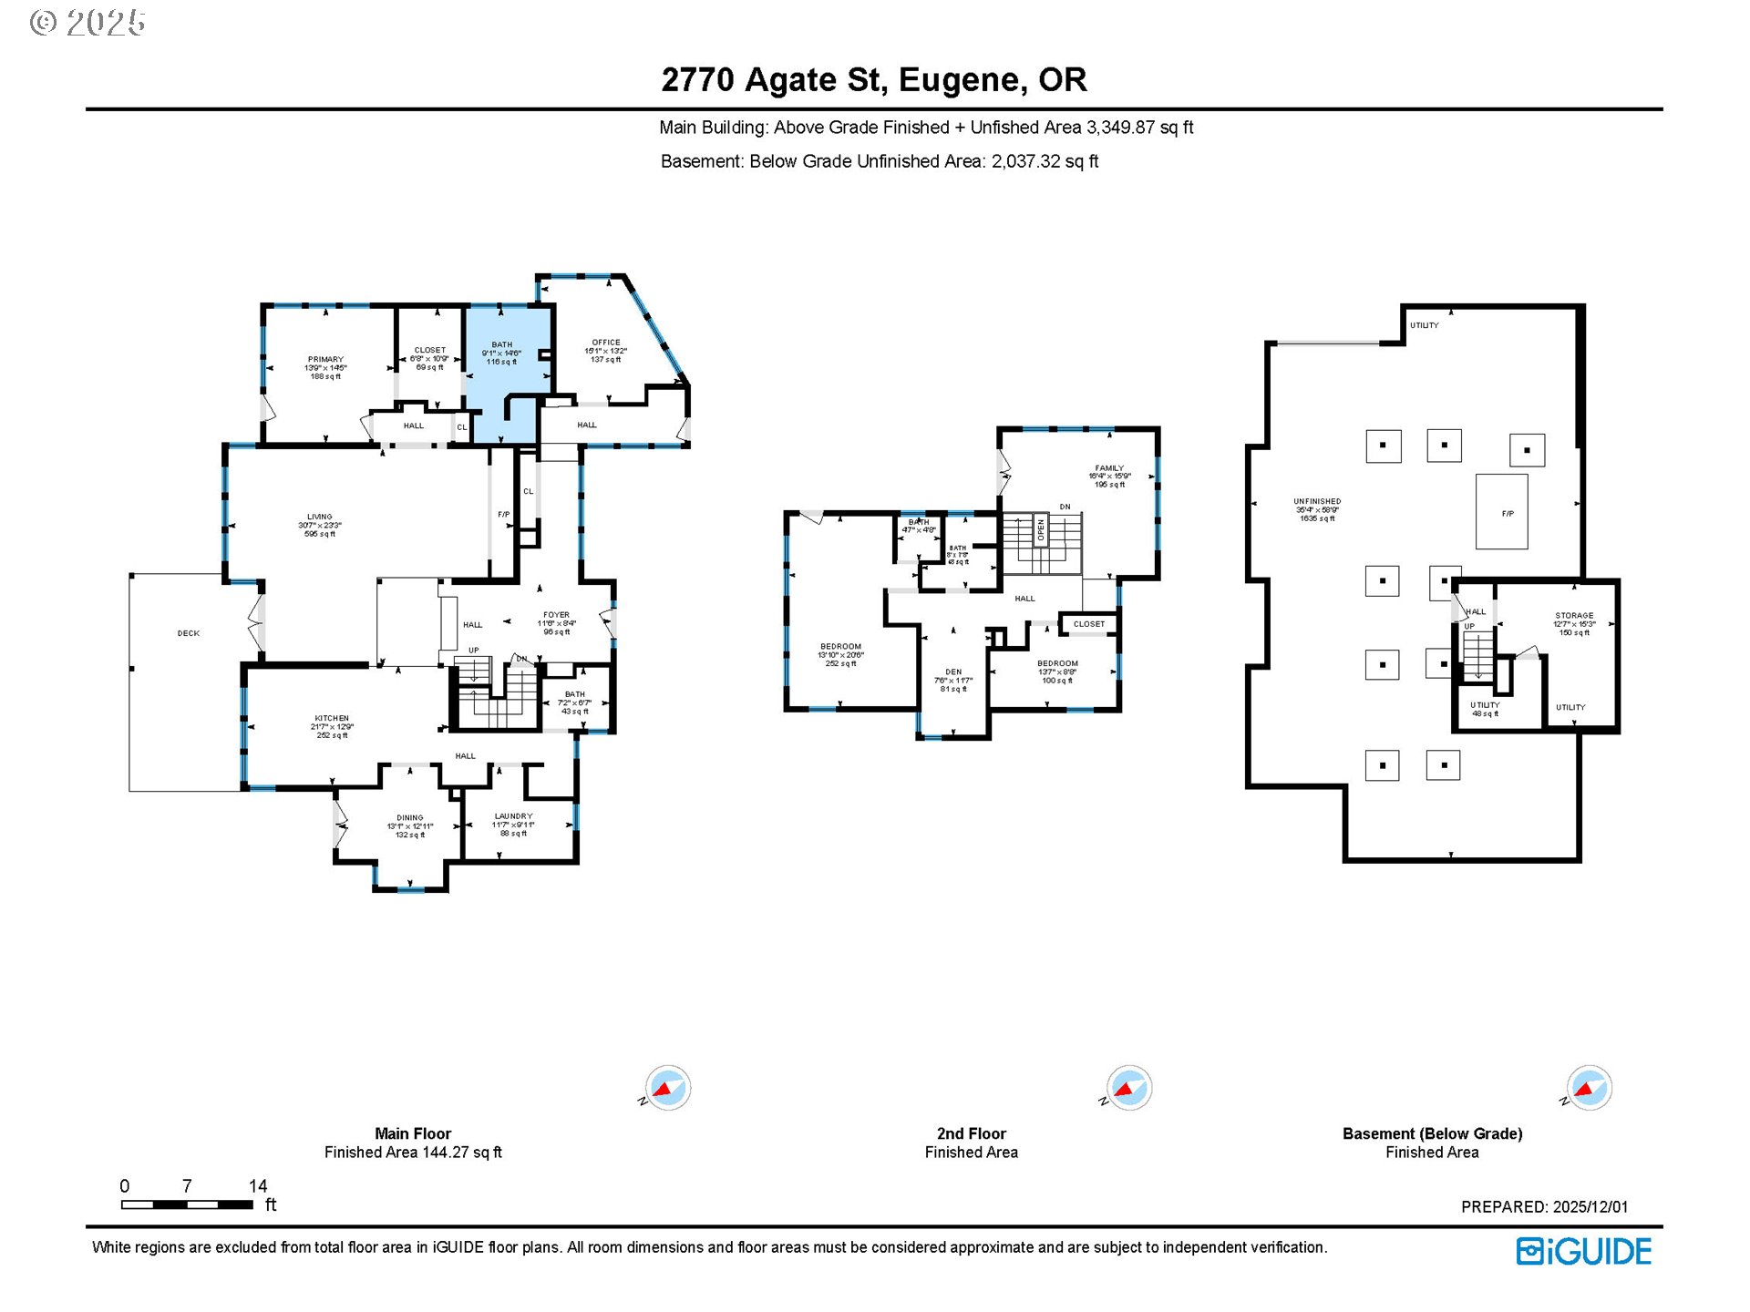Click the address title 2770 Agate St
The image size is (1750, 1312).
point(873,80)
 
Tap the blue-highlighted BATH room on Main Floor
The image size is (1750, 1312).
point(502,364)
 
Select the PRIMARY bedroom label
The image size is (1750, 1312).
point(325,359)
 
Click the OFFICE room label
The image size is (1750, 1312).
point(605,343)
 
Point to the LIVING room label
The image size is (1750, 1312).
point(319,517)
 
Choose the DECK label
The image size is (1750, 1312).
point(188,633)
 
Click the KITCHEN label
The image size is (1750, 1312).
point(332,718)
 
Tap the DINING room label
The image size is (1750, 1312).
point(409,818)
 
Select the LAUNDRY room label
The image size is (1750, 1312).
point(513,816)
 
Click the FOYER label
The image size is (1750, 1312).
point(556,615)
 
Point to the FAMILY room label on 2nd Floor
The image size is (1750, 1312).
point(1109,468)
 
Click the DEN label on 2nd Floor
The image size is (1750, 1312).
point(953,671)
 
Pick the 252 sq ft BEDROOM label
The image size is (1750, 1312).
point(840,647)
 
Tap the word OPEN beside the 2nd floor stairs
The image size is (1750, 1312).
point(1041,530)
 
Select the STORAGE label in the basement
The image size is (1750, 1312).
point(1574,616)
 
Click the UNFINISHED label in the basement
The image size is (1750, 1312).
point(1317,501)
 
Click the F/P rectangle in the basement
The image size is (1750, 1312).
point(1502,512)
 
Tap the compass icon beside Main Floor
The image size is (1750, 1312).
point(668,1088)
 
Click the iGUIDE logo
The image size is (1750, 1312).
point(1583,1252)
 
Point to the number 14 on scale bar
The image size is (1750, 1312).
point(258,1186)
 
